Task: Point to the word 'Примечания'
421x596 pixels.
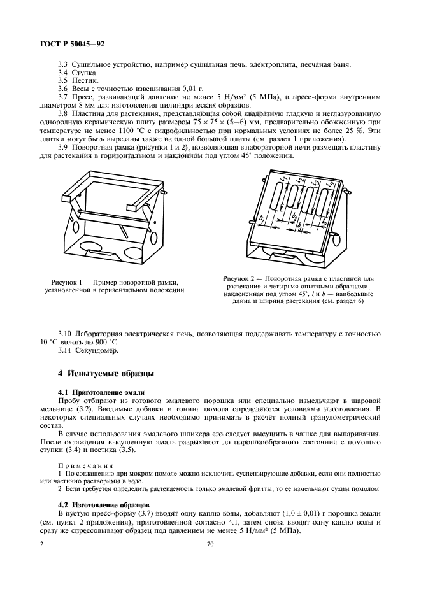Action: [x=83, y=465]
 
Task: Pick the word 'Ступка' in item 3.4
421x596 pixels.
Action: [x=84, y=73]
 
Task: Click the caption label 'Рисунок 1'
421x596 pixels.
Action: [x=68, y=282]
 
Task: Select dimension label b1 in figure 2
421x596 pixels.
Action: [x=262, y=219]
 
